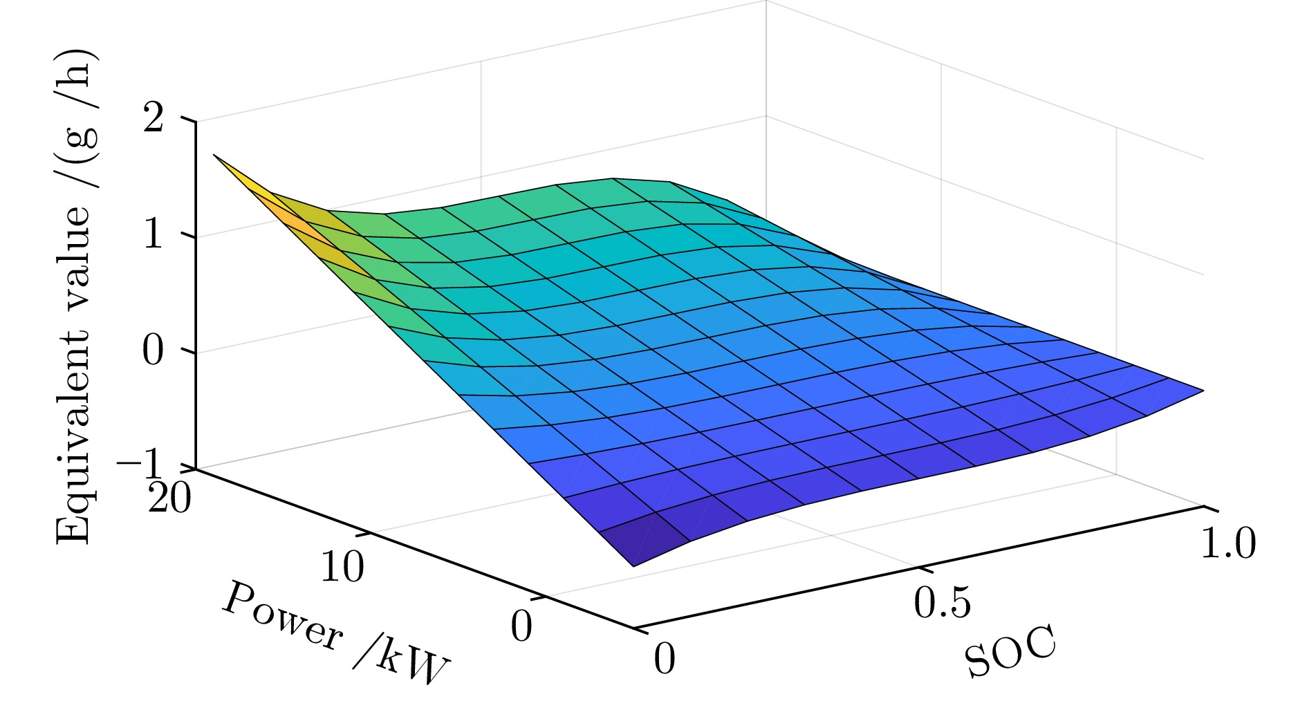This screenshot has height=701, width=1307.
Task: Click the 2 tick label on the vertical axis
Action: coord(154,119)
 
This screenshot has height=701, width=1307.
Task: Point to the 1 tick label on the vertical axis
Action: coord(154,235)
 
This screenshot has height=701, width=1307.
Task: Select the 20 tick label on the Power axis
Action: coord(170,498)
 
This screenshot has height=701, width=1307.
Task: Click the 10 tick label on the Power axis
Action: coord(342,568)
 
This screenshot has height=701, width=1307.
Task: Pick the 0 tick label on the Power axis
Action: coord(521,627)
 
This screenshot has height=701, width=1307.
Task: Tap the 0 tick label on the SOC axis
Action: coord(664,659)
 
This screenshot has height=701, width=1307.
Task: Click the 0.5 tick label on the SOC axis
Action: coord(942,602)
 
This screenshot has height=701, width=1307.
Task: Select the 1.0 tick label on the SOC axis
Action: coord(1227,543)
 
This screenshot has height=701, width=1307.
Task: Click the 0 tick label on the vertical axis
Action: coord(154,351)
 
